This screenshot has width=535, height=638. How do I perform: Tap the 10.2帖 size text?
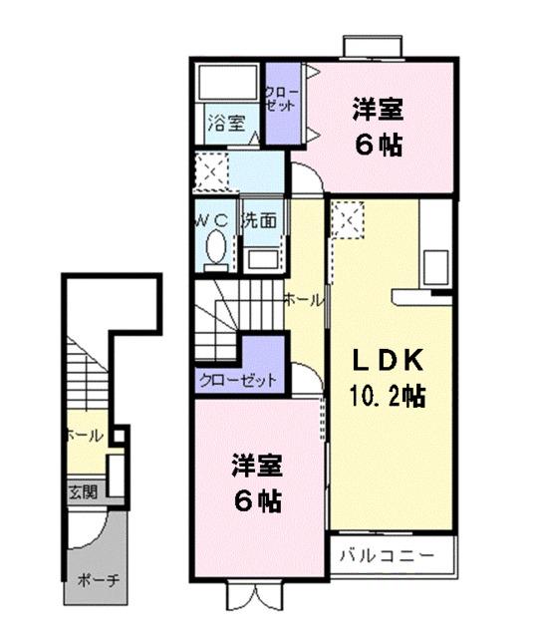387,396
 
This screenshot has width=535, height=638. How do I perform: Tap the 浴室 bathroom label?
225,124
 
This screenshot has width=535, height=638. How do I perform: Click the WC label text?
213,220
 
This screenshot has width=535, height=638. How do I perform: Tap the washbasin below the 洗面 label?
262,258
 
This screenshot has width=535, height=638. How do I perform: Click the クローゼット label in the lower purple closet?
238,380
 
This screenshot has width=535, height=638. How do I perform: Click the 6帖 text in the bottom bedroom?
257,498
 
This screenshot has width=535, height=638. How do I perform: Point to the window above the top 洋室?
375,46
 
